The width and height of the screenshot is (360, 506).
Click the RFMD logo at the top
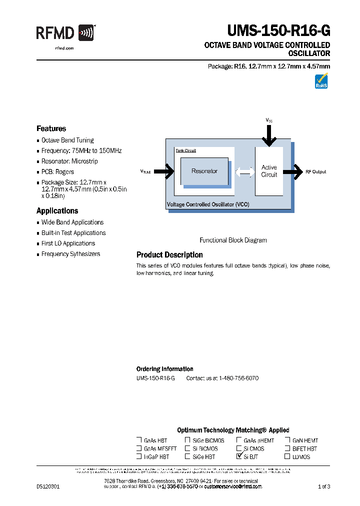[x=65, y=33]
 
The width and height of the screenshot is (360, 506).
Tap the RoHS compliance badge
[x=321, y=81]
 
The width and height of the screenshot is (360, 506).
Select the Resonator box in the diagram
[x=204, y=171]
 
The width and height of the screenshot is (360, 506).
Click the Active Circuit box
[x=269, y=171]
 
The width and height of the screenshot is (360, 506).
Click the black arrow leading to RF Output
[x=292, y=171]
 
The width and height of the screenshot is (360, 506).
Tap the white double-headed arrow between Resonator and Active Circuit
[x=244, y=171]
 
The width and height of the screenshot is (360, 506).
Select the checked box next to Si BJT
[x=239, y=456]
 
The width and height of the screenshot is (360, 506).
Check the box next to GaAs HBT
[x=139, y=440]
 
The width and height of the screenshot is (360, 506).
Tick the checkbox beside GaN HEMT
[x=287, y=440]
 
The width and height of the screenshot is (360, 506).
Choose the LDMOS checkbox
[x=287, y=456]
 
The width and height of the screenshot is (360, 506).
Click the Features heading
[x=51, y=128]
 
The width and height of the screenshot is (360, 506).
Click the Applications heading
[x=57, y=211]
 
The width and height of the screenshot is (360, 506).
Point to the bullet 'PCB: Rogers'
[x=57, y=172]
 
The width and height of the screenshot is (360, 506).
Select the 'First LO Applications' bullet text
[x=68, y=243]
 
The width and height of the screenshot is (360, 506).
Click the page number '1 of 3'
[x=324, y=486]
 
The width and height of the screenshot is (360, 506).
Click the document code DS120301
[x=48, y=486]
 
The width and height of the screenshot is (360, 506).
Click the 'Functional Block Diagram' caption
[x=233, y=240]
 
